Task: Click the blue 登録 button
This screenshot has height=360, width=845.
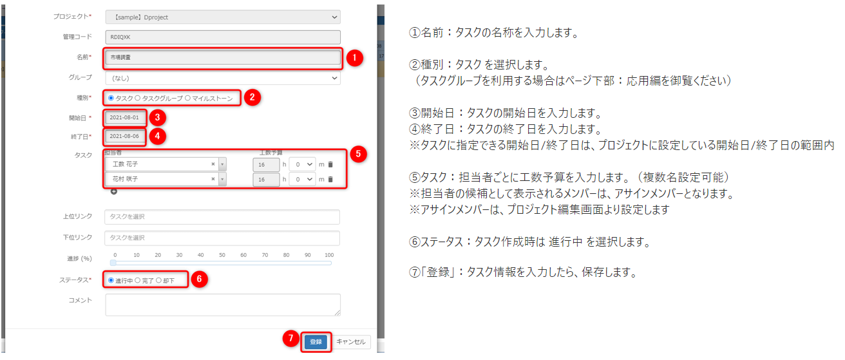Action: point(316,342)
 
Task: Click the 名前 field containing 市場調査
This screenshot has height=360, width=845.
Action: point(222,58)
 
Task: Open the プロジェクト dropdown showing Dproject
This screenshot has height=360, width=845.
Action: point(222,17)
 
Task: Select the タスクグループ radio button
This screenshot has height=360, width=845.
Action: point(138,98)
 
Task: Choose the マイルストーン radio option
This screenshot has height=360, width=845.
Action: point(187,98)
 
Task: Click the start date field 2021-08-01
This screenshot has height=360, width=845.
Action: point(125,118)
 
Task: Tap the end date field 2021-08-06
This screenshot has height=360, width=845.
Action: point(125,137)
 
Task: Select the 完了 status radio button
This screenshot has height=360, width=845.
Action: point(138,281)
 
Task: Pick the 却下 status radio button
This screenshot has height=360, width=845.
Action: point(159,281)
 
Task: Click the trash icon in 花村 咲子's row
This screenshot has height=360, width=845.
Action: point(330,180)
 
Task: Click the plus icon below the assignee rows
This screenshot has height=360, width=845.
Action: point(114,191)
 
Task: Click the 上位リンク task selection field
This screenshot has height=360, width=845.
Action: point(222,217)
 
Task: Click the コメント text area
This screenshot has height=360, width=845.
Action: point(222,305)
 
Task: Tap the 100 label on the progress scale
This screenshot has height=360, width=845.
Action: point(329,255)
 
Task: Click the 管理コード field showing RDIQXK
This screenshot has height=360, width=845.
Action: point(222,38)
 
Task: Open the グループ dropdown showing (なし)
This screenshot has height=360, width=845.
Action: point(222,78)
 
